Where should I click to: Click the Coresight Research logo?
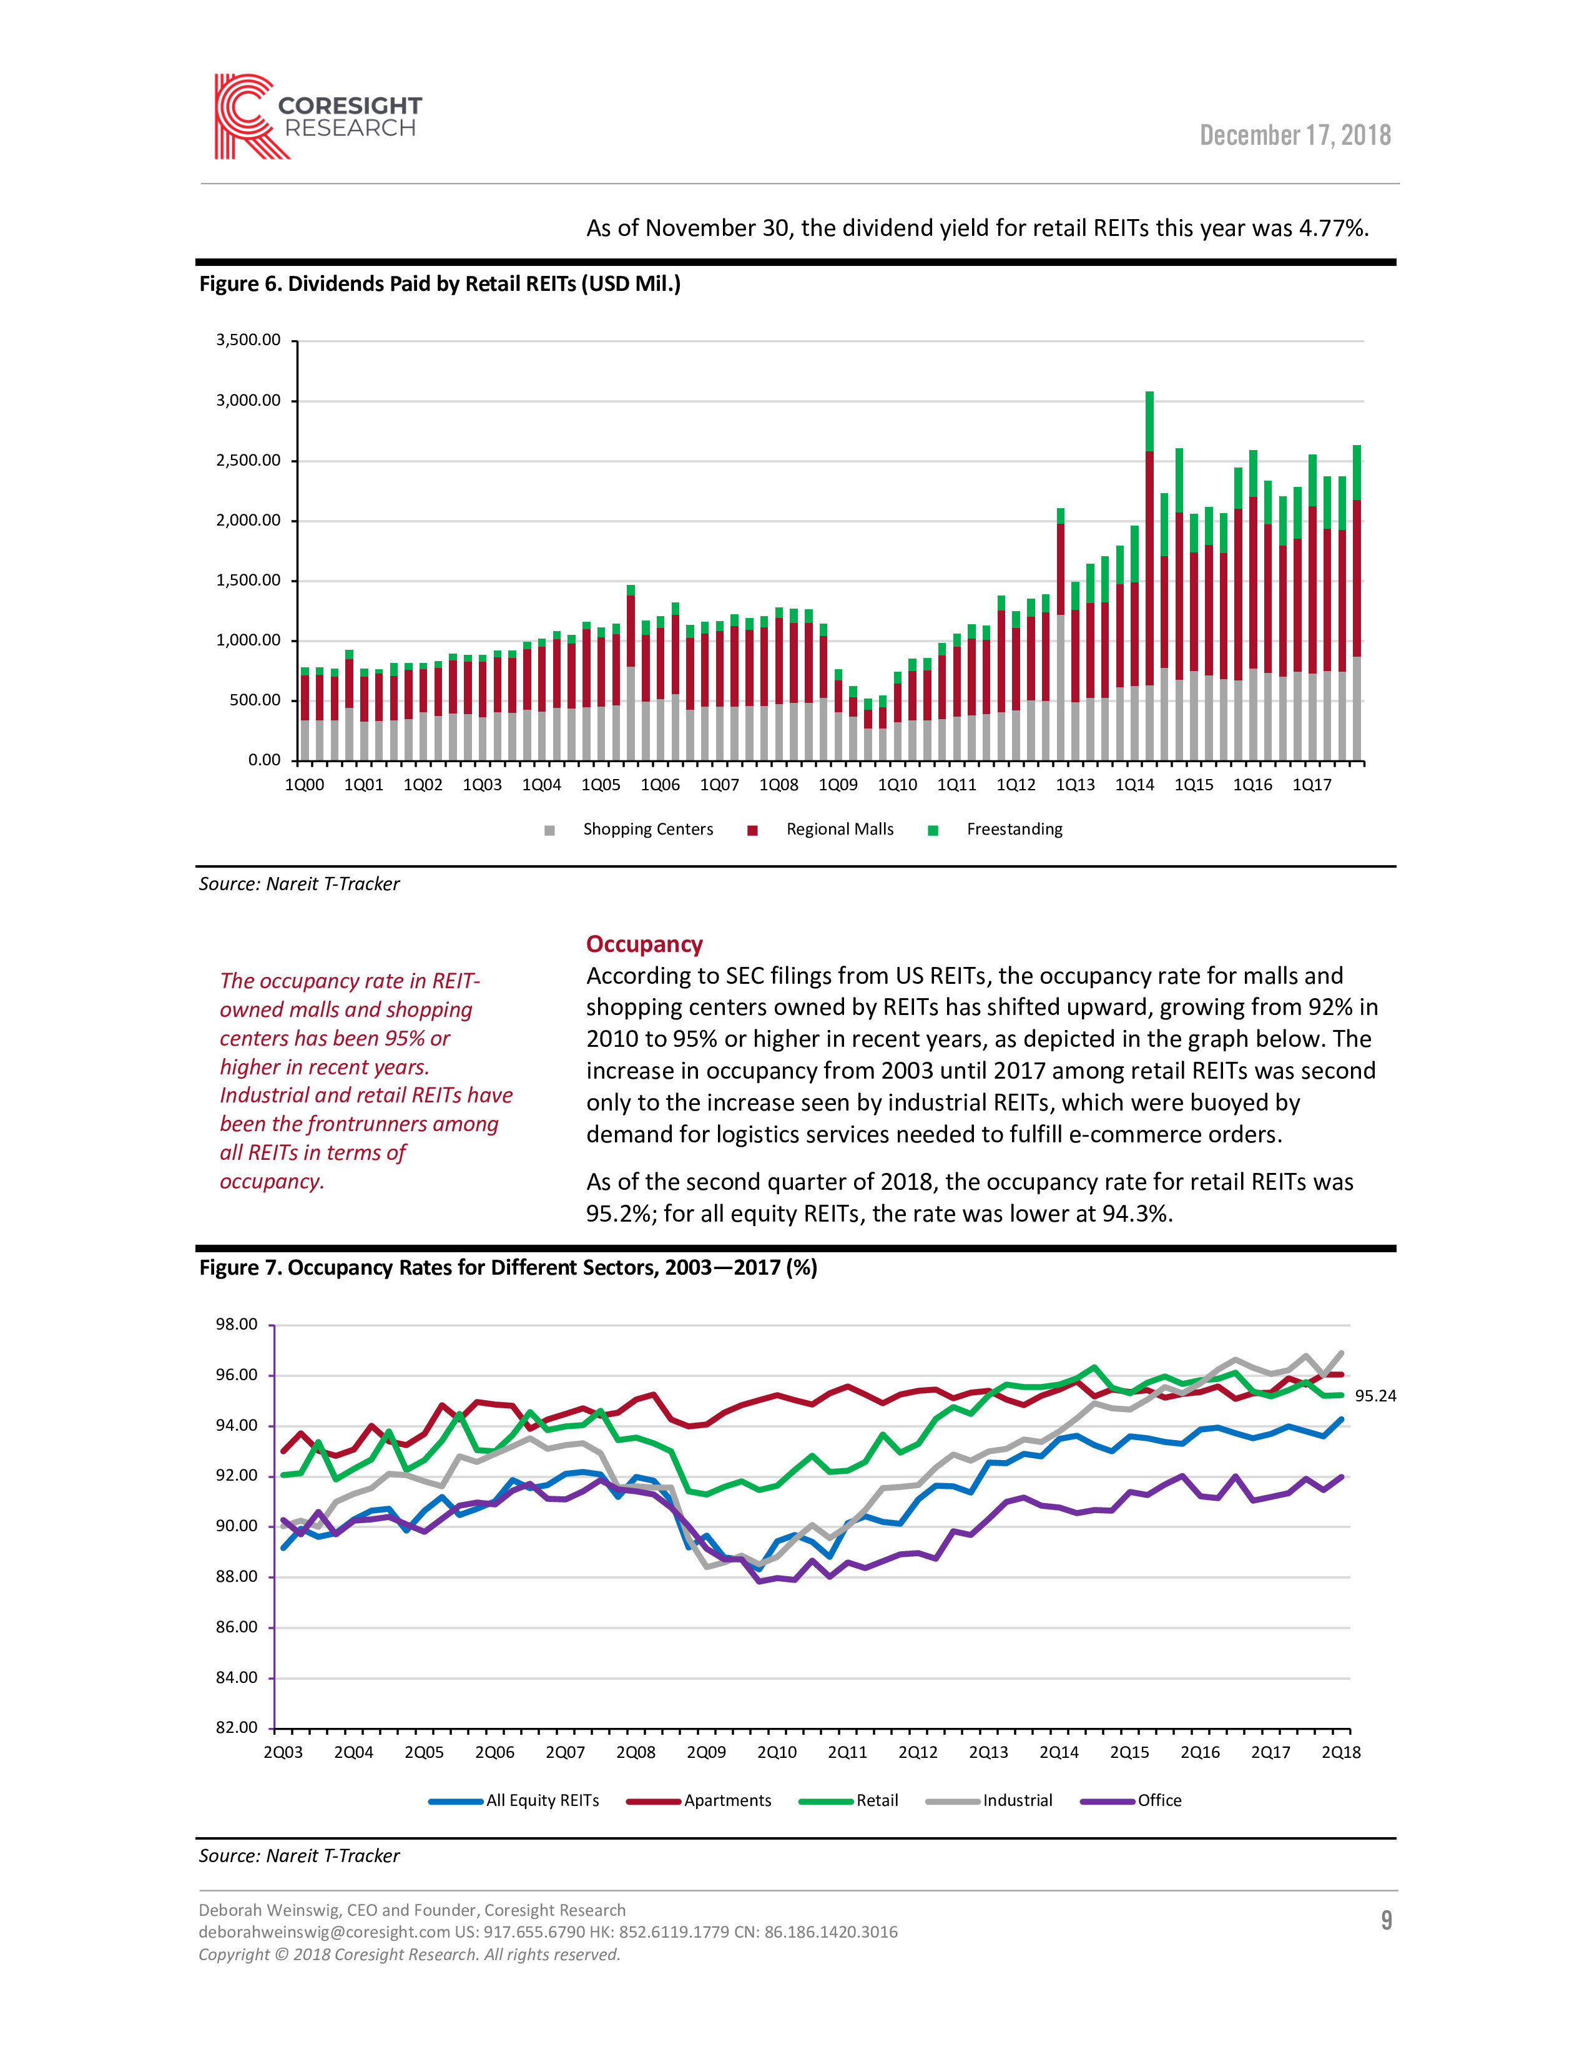(318, 117)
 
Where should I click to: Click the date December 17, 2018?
(1295, 136)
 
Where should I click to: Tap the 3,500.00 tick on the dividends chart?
(248, 340)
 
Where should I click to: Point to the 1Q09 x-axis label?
(837, 785)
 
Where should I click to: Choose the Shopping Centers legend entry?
(629, 829)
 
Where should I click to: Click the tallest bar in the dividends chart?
(1149, 576)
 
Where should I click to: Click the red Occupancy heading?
(644, 944)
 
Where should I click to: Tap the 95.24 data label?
(1375, 1396)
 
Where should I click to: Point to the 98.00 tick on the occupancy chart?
(236, 1324)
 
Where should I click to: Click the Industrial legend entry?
(990, 1800)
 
